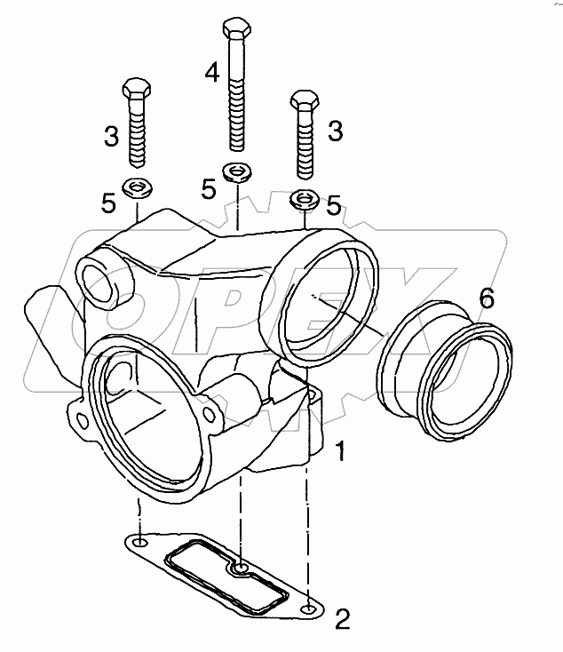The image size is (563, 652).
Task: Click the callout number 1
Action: (339, 454)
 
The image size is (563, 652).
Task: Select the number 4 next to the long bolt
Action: (210, 72)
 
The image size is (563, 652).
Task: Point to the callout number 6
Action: (486, 298)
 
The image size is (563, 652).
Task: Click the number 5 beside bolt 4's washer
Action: (208, 188)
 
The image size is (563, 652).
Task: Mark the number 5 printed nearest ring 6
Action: (333, 205)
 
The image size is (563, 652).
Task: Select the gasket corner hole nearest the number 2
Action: (306, 610)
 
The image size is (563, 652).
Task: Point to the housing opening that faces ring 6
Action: (321, 302)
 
